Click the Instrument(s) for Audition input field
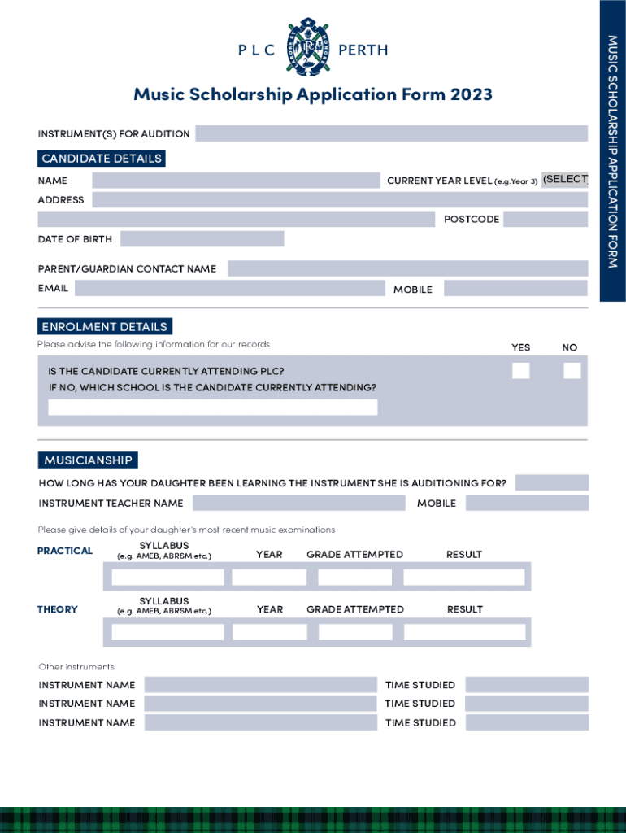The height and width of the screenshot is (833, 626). (x=391, y=133)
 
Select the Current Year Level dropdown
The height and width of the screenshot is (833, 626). (x=564, y=180)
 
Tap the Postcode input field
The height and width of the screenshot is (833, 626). (x=545, y=219)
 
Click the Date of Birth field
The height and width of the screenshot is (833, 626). (x=202, y=238)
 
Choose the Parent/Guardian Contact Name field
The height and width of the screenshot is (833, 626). (x=407, y=268)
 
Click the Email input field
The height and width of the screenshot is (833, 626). (x=229, y=288)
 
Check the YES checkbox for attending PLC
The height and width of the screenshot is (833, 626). (x=520, y=371)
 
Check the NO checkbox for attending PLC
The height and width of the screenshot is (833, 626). (x=572, y=371)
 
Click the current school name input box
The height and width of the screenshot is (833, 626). (x=213, y=408)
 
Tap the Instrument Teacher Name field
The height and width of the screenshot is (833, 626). (x=298, y=503)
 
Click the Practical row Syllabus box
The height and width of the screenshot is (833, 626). (x=167, y=578)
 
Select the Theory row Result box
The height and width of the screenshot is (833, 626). (x=464, y=632)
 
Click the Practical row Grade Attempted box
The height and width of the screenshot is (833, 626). (x=354, y=578)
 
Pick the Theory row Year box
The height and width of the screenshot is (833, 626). (x=269, y=632)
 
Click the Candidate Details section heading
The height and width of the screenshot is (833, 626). (x=102, y=159)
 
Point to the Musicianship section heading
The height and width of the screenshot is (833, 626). (x=88, y=460)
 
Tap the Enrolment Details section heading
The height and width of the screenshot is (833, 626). (x=104, y=327)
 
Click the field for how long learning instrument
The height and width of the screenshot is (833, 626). (x=551, y=483)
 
